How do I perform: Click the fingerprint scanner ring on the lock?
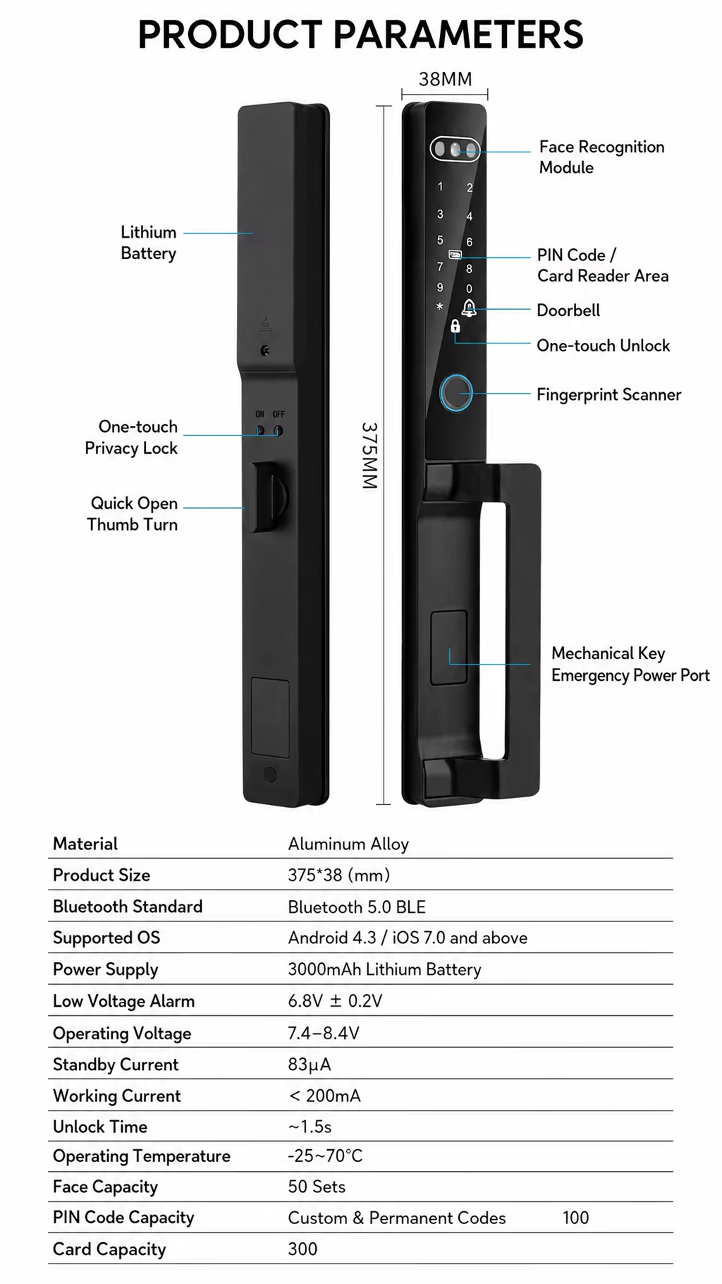point(456,393)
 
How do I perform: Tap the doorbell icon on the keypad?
point(469,308)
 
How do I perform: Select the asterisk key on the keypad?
point(440,307)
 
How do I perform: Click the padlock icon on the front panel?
point(455,326)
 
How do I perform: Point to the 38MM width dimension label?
point(445,79)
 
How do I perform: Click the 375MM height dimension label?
point(370,456)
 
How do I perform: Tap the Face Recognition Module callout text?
point(601,157)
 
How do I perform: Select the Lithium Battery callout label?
point(148,243)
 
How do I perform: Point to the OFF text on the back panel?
point(279,414)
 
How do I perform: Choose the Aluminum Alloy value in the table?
point(348,844)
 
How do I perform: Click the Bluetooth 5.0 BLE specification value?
point(357,907)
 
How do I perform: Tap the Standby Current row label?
point(116,1064)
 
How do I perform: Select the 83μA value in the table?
point(309,1064)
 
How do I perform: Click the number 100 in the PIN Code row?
point(575,1218)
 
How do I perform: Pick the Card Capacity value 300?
point(302,1249)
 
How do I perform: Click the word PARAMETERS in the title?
point(458,34)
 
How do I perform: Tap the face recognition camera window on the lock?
point(455,149)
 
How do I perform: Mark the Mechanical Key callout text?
point(608,653)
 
